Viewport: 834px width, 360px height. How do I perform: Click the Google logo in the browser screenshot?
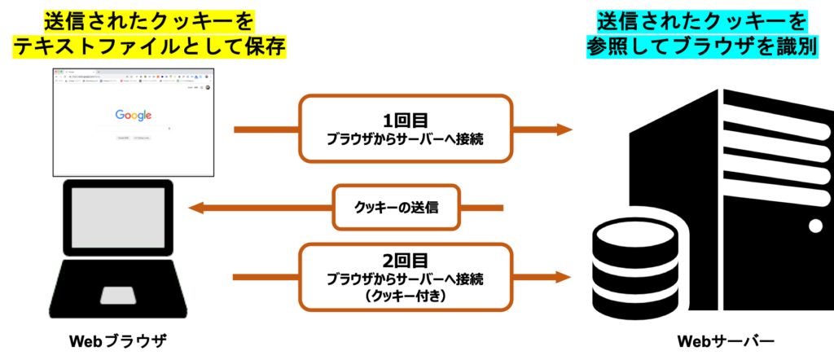click(133, 115)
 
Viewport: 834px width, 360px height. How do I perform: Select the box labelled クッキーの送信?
click(397, 208)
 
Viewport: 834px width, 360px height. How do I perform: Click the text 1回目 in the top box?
click(405, 120)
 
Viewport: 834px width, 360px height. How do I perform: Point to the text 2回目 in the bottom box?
click(405, 261)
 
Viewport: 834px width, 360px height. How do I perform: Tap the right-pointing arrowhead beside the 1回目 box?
click(564, 130)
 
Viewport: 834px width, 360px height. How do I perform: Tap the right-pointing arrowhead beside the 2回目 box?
click(564, 277)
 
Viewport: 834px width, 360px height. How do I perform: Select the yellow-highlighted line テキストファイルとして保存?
click(149, 46)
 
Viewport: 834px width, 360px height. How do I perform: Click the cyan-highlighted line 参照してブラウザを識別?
click(702, 46)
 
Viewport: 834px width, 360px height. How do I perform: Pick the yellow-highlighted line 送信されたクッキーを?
click(148, 19)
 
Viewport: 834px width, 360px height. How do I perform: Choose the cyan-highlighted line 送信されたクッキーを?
click(702, 20)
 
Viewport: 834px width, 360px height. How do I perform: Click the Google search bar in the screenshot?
click(133, 128)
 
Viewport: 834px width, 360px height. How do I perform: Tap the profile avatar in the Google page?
click(208, 87)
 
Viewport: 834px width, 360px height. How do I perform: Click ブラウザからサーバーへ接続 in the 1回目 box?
click(405, 139)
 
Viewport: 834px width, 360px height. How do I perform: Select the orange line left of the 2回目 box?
click(265, 278)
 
